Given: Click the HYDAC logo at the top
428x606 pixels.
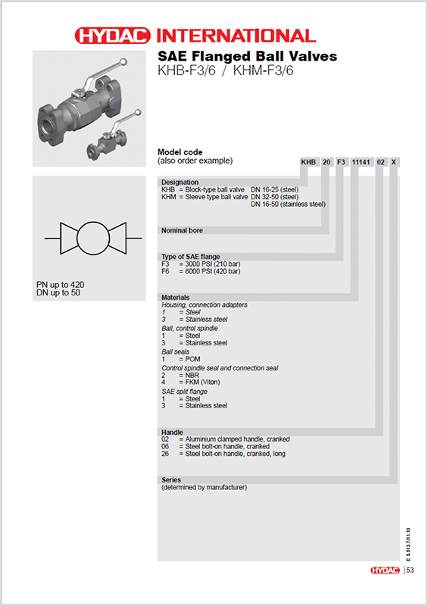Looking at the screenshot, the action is point(113,36).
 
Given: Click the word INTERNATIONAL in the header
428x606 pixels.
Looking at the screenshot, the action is point(236,36).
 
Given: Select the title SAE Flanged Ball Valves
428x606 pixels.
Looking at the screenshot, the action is point(246,57).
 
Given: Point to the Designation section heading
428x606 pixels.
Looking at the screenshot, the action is point(180,183).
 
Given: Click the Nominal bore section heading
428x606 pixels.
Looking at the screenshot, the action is point(183,230).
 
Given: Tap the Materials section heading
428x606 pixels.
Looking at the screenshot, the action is point(176,298).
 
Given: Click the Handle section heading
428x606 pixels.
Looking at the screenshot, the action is point(172,432).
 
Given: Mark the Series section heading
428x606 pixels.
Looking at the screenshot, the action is point(171,480).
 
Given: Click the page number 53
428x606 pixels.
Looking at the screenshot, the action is point(410,570).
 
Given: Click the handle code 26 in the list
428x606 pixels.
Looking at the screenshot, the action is point(167,454).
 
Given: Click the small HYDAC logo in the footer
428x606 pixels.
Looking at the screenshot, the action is point(386,570).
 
